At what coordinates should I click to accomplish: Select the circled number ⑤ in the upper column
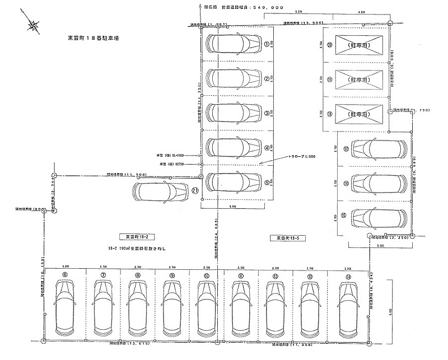[267, 183]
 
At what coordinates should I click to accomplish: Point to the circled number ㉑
[195, 190]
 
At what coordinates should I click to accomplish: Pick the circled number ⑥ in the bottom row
[65, 275]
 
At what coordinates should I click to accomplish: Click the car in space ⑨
[172, 307]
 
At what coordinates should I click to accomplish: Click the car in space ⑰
[375, 149]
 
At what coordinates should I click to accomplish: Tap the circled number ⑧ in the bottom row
[138, 275]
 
